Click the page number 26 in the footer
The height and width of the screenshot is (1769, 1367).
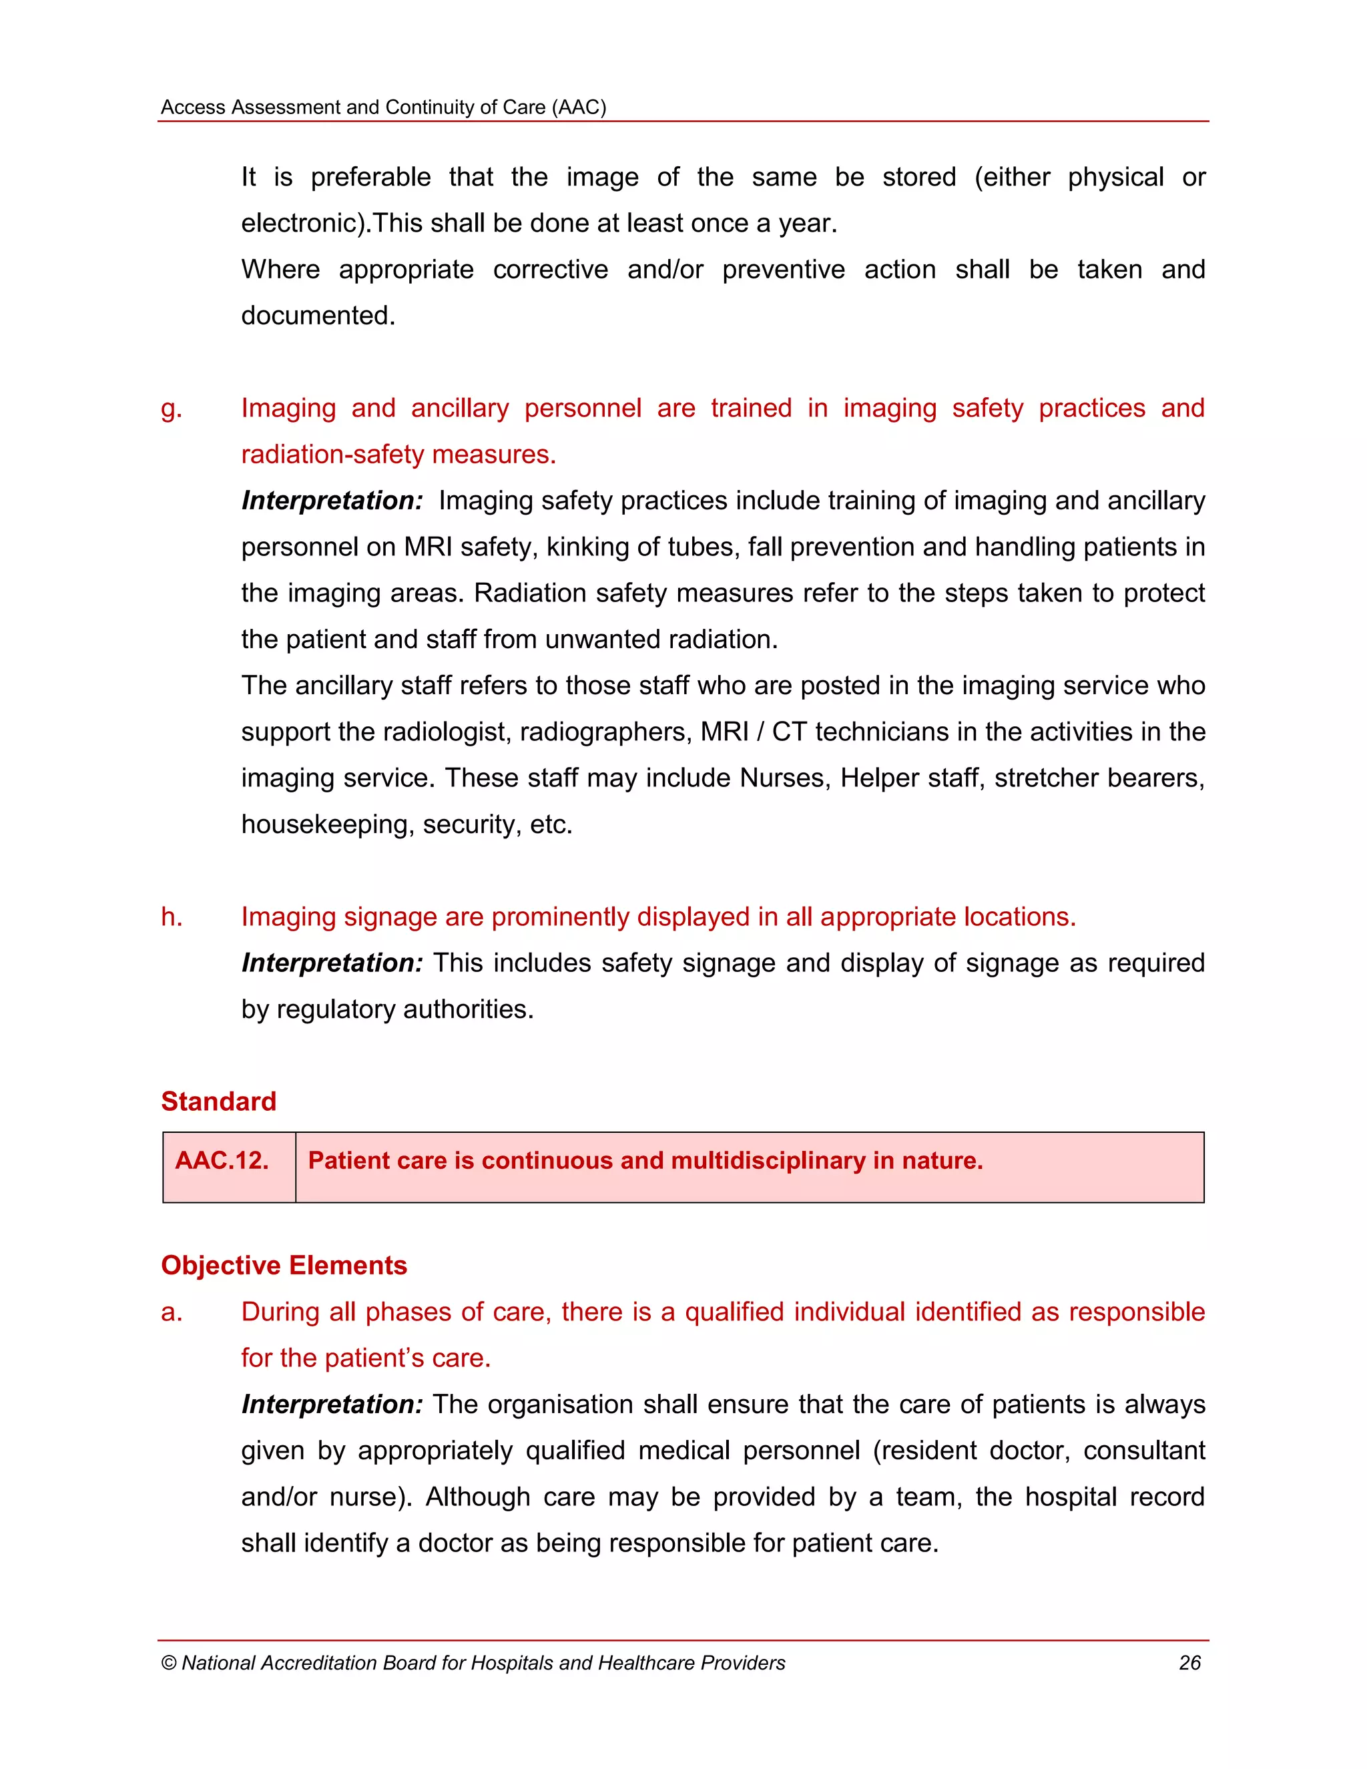pyautogui.click(x=1189, y=1663)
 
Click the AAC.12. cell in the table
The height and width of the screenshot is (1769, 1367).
pyautogui.click(x=221, y=1161)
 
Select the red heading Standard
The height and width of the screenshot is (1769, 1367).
pyautogui.click(x=219, y=1101)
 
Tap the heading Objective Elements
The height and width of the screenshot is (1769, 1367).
pyautogui.click(x=284, y=1265)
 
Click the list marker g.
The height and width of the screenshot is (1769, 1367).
pyautogui.click(x=171, y=409)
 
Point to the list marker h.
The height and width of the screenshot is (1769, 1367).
pyautogui.click(x=171, y=917)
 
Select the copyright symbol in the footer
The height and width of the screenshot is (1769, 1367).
pyautogui.click(x=168, y=1663)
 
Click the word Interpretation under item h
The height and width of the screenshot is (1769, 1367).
pyautogui.click(x=332, y=963)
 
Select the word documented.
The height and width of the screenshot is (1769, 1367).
pyautogui.click(x=318, y=315)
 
